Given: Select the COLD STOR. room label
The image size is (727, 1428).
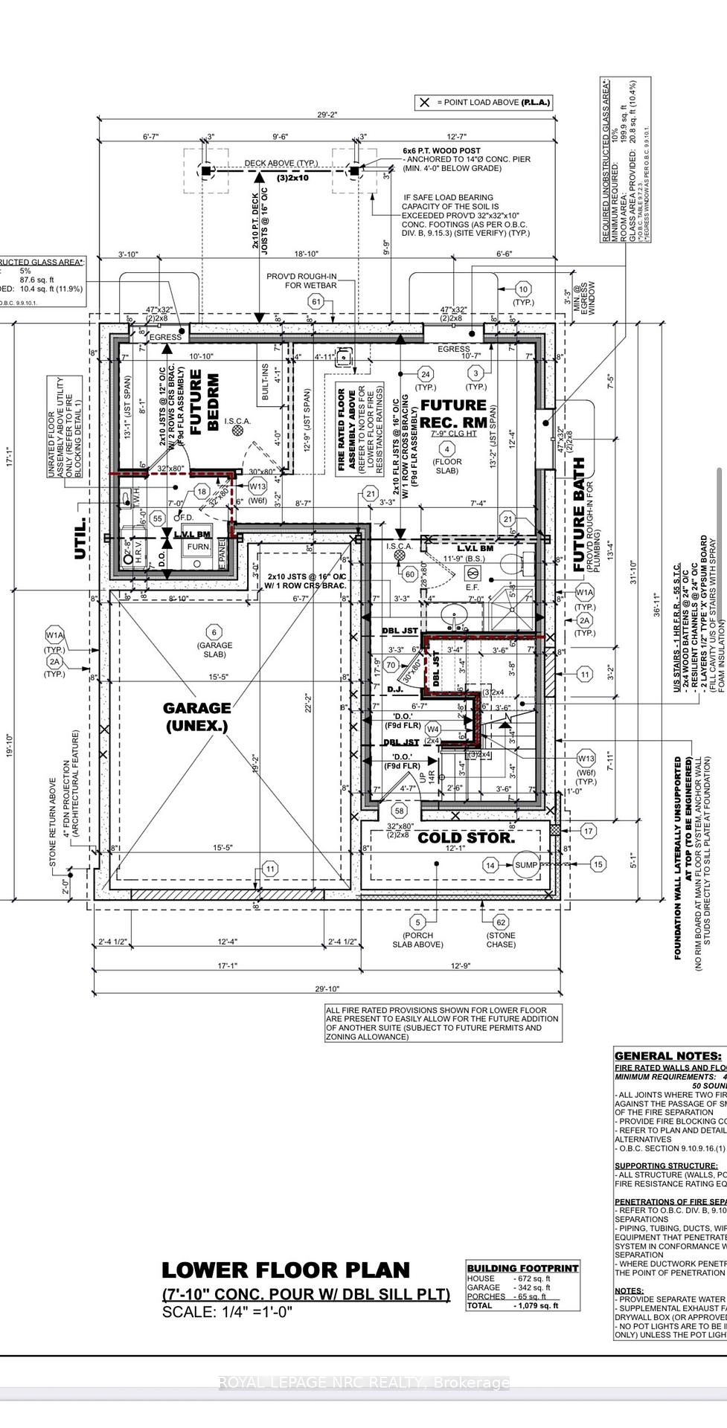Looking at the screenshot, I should click(466, 838).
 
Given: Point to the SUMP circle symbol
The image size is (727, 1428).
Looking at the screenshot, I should click(525, 864).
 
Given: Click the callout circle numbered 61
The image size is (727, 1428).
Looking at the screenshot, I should click(316, 301).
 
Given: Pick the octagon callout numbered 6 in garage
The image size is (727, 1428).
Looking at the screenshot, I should click(214, 631).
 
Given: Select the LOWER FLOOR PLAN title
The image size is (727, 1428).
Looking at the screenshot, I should click(286, 1271).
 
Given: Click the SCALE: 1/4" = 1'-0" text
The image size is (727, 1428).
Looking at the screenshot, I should click(228, 1313).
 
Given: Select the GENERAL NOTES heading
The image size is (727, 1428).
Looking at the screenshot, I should click(667, 1056).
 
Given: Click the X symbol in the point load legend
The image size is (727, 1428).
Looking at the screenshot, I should click(424, 103).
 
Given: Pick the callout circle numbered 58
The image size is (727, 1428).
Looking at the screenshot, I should click(400, 811).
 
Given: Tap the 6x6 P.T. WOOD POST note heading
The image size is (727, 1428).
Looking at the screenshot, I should click(442, 150).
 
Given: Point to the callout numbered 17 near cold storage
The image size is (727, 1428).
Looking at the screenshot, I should click(588, 831).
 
